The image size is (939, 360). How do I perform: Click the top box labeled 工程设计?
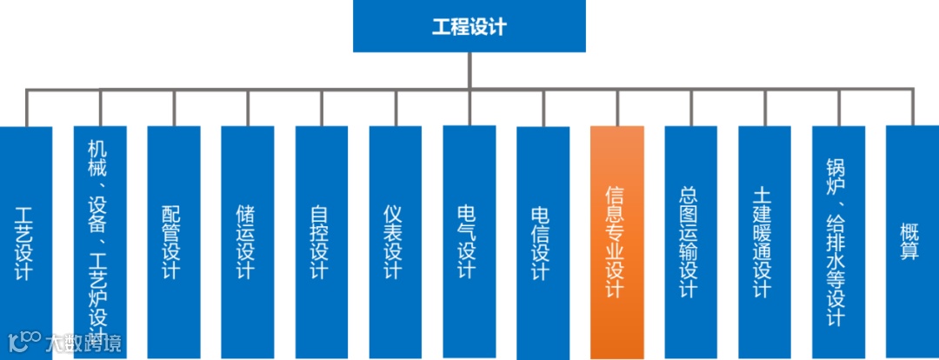[469, 27]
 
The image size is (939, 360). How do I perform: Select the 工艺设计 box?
[25, 243]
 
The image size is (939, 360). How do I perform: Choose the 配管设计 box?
[174, 243]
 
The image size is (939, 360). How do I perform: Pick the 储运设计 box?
[248, 243]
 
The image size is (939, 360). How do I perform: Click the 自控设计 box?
[322, 243]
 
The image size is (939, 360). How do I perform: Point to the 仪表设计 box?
[396, 243]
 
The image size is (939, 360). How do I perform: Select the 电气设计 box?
[469, 243]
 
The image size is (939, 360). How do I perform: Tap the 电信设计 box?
[543, 243]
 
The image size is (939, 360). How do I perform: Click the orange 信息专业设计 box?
[617, 243]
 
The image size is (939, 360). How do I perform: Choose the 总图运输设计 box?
[691, 243]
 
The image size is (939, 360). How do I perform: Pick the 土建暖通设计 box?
[765, 243]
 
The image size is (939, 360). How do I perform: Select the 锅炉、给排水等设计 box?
[839, 243]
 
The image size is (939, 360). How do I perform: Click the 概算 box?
[912, 243]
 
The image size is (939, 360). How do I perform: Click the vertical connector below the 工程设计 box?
[469, 70]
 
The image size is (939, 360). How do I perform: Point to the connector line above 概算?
[912, 107]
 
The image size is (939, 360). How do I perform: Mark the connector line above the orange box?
[617, 107]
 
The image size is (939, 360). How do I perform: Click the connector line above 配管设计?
[174, 107]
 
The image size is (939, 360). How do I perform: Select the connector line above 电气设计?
[469, 107]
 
